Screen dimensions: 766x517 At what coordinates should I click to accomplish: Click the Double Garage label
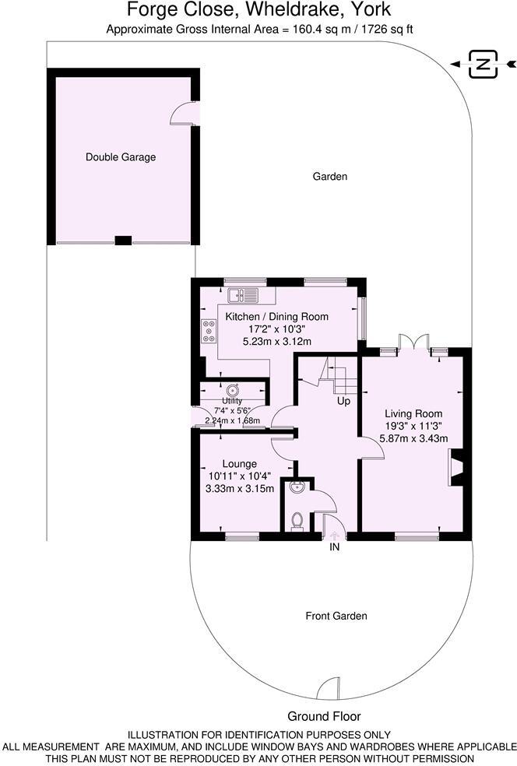(x=121, y=157)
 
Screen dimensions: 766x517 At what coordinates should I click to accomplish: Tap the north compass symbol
(x=484, y=65)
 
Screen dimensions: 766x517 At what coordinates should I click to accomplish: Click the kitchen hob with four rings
(x=209, y=332)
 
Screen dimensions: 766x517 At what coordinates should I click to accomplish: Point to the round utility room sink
(x=233, y=389)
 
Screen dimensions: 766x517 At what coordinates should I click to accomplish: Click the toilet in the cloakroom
(x=296, y=520)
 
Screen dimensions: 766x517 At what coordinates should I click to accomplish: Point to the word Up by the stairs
(x=343, y=402)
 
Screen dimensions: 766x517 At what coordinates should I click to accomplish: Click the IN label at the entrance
(x=335, y=547)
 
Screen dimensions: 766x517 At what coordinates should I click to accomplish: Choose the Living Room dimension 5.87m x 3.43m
(x=413, y=439)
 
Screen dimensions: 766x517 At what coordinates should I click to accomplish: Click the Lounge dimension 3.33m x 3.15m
(x=239, y=489)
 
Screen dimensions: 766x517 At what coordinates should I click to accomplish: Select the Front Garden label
(x=336, y=616)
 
